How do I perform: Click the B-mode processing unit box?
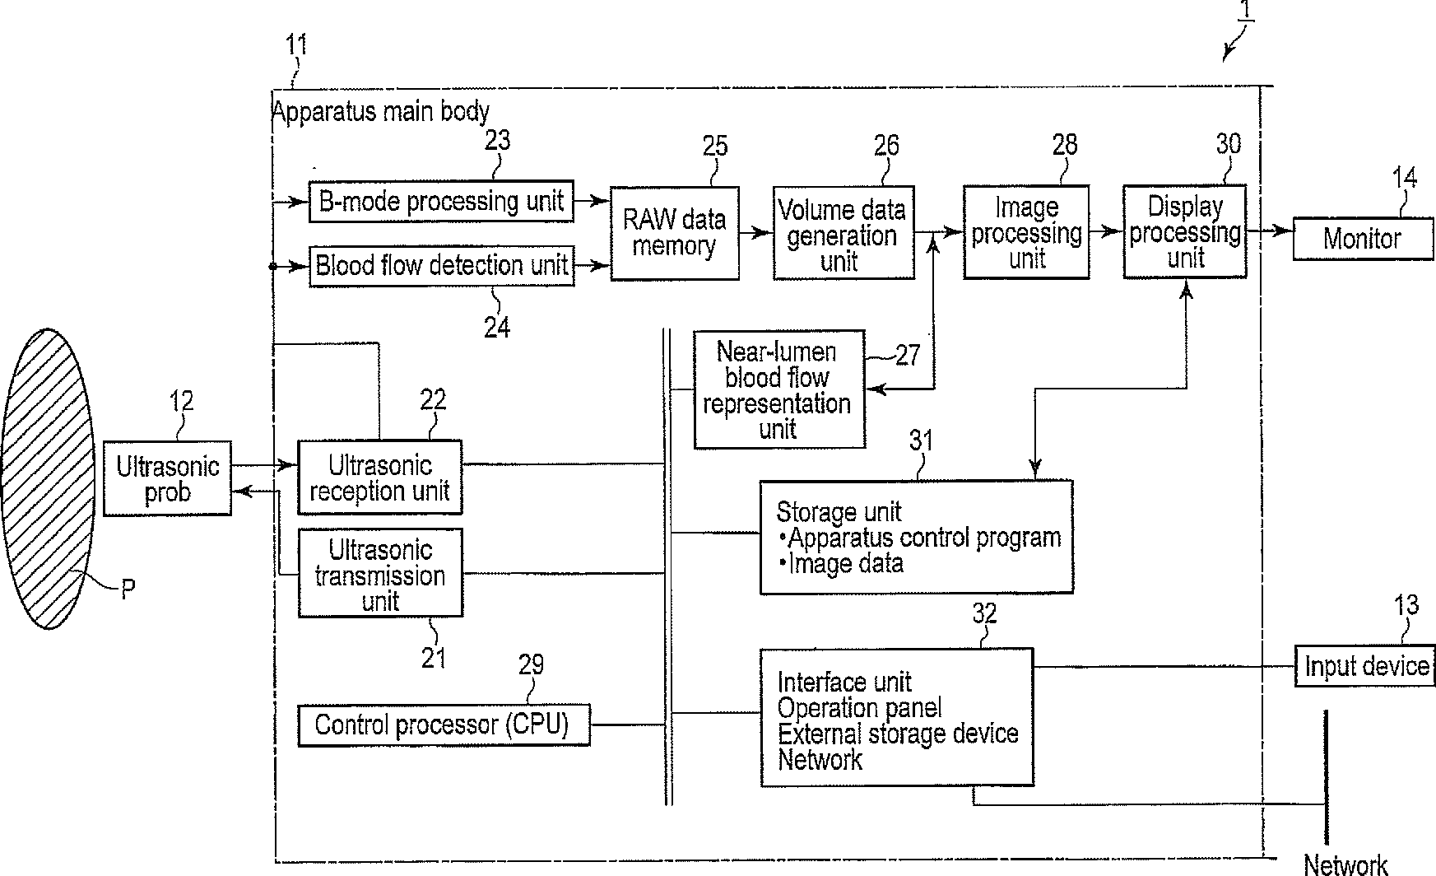[x=441, y=201]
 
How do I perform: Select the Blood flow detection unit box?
[x=442, y=265]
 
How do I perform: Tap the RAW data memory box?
[x=675, y=233]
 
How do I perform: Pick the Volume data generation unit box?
[x=843, y=232]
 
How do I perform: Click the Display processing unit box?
[x=1185, y=231]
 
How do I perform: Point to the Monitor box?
[x=1363, y=239]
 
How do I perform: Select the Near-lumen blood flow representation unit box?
[x=779, y=389]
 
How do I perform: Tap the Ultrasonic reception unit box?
[x=379, y=478]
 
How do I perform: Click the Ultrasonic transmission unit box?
[x=380, y=573]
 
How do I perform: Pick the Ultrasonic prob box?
[x=167, y=478]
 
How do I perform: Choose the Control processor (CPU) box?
[x=444, y=725]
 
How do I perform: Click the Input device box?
[x=1365, y=665]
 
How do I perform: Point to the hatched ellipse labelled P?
[x=49, y=478]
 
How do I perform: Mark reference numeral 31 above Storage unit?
[x=922, y=441]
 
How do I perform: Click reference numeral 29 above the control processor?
[x=531, y=664]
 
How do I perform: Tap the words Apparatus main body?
[x=381, y=111]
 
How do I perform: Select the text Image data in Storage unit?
[x=846, y=564]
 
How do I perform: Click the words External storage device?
[x=898, y=734]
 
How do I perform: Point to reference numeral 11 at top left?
[x=296, y=44]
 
